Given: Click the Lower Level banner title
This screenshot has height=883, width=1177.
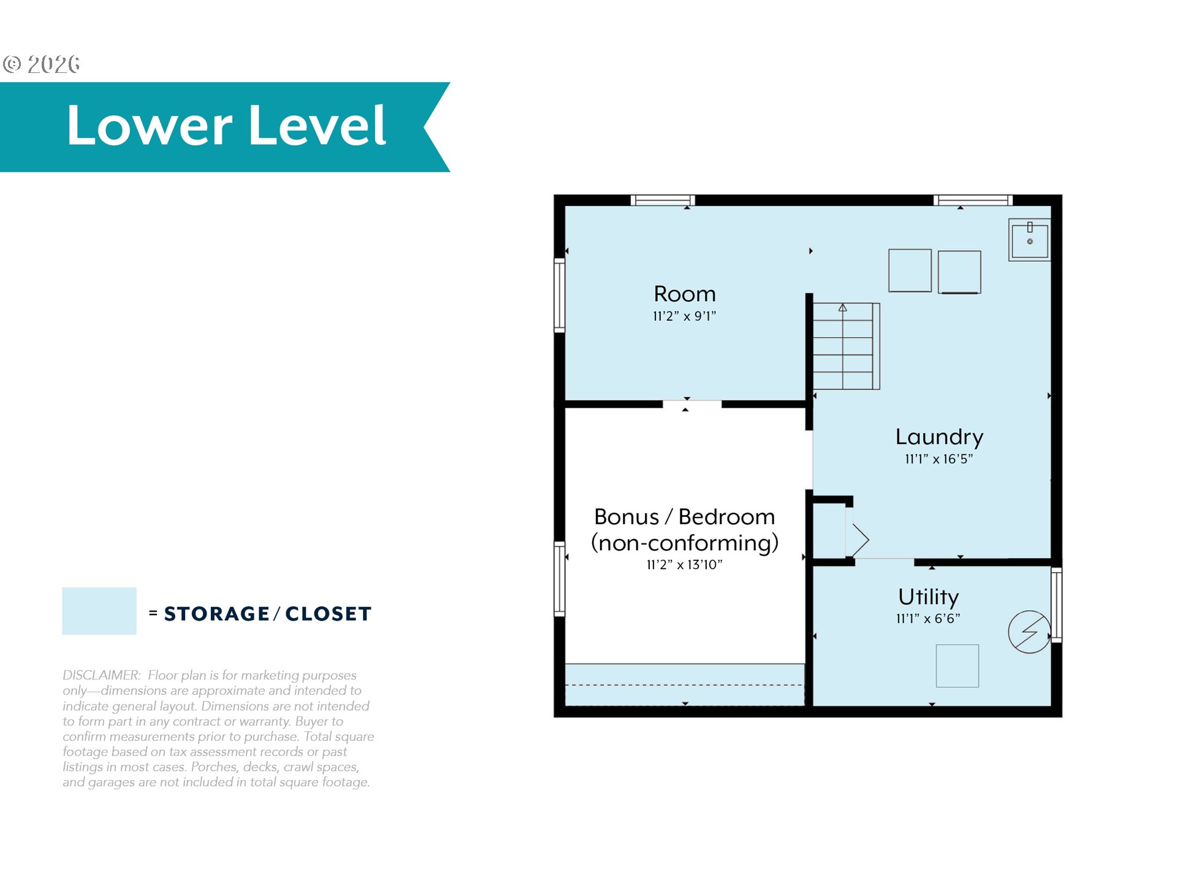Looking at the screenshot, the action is (x=226, y=125).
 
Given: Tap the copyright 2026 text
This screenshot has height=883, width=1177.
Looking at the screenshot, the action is (x=41, y=64).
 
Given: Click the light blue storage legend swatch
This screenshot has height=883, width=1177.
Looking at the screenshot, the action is (x=99, y=611).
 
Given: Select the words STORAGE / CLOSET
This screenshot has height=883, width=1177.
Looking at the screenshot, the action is (x=268, y=614).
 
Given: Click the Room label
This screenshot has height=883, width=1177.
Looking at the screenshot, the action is (x=685, y=294).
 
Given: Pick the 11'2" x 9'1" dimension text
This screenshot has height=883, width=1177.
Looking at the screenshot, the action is (x=684, y=316).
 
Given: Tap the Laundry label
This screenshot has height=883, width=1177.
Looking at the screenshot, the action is (x=939, y=437).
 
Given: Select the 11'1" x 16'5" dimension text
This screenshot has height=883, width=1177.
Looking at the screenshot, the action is (x=939, y=459).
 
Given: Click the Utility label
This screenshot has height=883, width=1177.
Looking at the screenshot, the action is (x=929, y=597).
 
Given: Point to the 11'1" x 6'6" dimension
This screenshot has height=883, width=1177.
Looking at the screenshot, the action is (x=928, y=619).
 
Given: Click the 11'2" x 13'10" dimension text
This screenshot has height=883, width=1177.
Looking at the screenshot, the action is (x=685, y=565).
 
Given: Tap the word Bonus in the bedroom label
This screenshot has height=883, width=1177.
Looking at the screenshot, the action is (x=627, y=517).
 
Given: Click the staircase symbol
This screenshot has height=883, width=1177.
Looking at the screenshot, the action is (x=846, y=346).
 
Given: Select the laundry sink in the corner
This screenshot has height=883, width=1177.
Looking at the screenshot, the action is (x=1029, y=240).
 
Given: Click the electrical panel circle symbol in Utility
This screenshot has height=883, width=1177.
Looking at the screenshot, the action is (x=1029, y=632).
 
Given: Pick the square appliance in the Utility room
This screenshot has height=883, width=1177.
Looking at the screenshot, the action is (x=958, y=666).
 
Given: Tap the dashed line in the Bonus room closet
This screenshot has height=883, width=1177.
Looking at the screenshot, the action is (x=684, y=685).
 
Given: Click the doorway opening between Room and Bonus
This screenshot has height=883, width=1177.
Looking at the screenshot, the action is (x=692, y=404).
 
